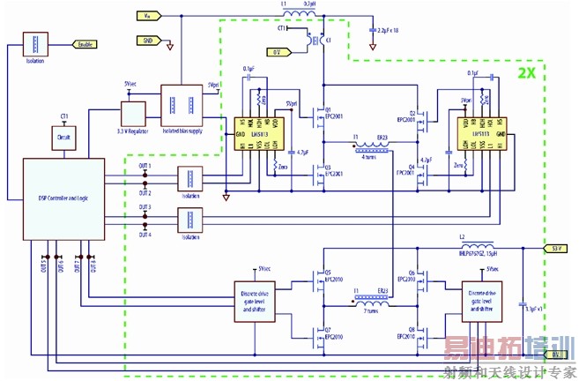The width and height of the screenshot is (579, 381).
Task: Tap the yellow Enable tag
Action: (x=85, y=44)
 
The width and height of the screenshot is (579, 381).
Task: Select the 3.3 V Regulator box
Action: (x=133, y=114)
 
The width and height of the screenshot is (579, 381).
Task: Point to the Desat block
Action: (x=63, y=138)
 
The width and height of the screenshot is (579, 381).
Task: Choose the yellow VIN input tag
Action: (x=147, y=16)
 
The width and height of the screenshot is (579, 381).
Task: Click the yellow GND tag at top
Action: (x=147, y=40)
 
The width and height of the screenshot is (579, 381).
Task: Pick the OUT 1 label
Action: (x=145, y=166)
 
